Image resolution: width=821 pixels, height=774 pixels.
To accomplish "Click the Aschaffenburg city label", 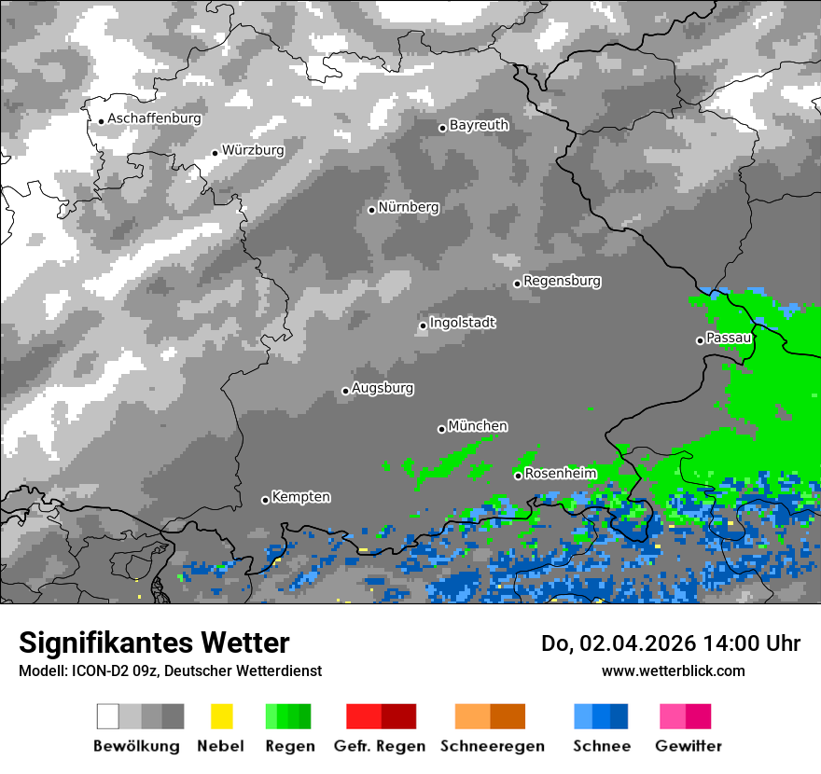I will (154, 118).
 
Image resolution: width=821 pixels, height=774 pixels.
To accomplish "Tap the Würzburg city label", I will (253, 150).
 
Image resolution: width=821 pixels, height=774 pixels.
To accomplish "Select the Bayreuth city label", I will (479, 125).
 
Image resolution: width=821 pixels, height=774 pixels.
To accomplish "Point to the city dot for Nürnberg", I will (371, 210).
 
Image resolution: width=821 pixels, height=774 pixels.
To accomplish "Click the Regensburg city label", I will (562, 281).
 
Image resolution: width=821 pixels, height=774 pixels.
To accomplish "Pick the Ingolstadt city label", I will (462, 323).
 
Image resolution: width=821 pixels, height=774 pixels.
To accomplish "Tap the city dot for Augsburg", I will (345, 391).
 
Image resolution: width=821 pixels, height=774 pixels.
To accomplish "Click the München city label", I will (478, 426).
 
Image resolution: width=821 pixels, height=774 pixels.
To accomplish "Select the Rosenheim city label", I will (560, 474).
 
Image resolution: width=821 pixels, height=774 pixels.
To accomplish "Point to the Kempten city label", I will (300, 497).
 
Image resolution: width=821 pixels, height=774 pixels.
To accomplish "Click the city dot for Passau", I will (700, 340).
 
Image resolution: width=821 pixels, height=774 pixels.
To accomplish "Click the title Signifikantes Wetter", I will (154, 643).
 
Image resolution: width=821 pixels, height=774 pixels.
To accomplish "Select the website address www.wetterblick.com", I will (673, 670).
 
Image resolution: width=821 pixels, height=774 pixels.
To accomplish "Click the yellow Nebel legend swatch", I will (221, 716).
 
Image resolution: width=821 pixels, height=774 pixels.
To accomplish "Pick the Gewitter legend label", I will (689, 746).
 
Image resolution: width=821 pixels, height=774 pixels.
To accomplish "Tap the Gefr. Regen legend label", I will (380, 746).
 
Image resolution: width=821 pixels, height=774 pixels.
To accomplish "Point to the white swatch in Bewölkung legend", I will (107, 716).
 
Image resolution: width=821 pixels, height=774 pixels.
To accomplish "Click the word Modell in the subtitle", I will (41, 670).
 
